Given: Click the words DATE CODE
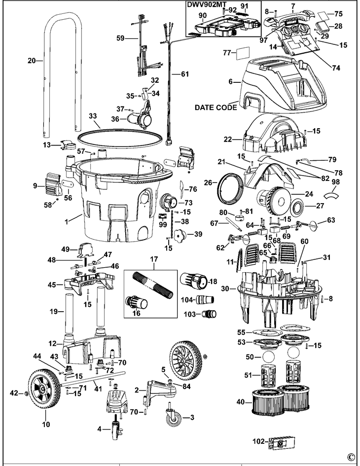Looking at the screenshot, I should [215, 107].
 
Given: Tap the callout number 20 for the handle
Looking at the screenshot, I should [32, 61].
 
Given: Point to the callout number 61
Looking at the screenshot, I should [184, 74].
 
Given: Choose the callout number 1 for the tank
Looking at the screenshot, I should [67, 217].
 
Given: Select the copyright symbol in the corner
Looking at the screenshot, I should [351, 456].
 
